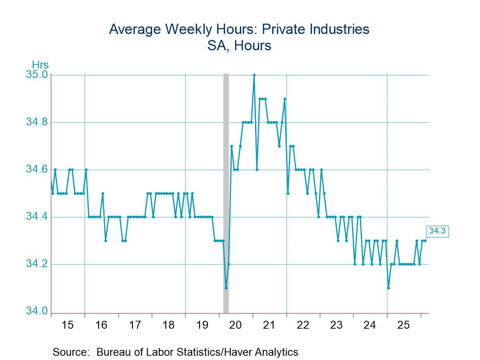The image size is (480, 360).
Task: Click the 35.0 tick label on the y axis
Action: pos(37,75)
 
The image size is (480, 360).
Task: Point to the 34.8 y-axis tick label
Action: pos(37,122)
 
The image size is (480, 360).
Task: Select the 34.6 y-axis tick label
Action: pos(37,170)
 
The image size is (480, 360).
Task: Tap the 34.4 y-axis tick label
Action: pos(37,217)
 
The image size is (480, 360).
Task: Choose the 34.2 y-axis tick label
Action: pos(37,264)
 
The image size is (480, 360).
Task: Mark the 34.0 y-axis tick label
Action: pos(37,311)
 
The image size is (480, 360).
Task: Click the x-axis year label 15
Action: pos(68,325)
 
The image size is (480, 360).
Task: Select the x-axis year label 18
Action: pos(168,325)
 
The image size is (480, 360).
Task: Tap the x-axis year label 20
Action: pos(236,325)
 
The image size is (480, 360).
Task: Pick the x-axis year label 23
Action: pos(336,325)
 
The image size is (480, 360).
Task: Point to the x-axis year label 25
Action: pos(403,325)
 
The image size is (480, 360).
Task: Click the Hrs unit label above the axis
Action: pos(40,65)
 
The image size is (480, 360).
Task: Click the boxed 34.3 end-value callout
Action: pos(437,231)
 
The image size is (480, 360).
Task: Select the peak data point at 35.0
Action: pos(254,75)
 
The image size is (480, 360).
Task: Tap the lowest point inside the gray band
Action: pos(226,288)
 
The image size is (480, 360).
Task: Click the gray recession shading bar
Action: pos(226,179)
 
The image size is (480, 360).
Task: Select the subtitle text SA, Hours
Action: pos(239,46)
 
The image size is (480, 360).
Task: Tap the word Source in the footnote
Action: pos(70,352)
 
